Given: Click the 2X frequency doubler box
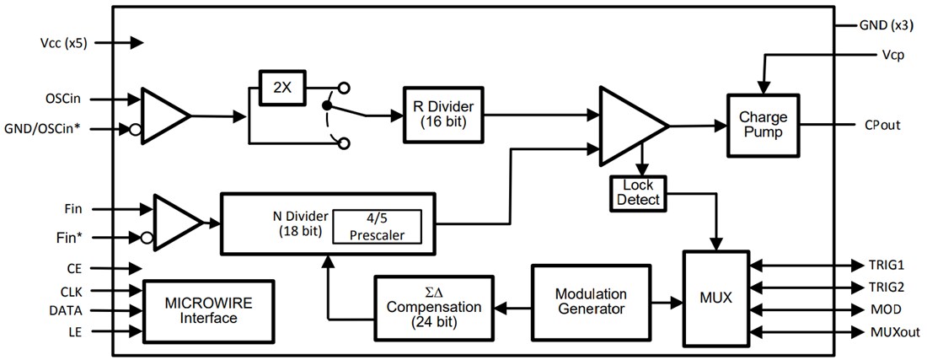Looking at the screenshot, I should pyautogui.click(x=283, y=88).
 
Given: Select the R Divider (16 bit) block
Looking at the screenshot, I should pyautogui.click(x=442, y=114).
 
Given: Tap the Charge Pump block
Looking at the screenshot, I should pyautogui.click(x=762, y=125).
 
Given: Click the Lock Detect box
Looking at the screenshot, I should pyautogui.click(x=637, y=192).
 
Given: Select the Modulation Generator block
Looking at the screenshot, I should pyautogui.click(x=590, y=301).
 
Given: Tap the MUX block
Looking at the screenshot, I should pyautogui.click(x=715, y=298).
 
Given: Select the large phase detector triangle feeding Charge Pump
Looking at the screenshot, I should pyautogui.click(x=628, y=125).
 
